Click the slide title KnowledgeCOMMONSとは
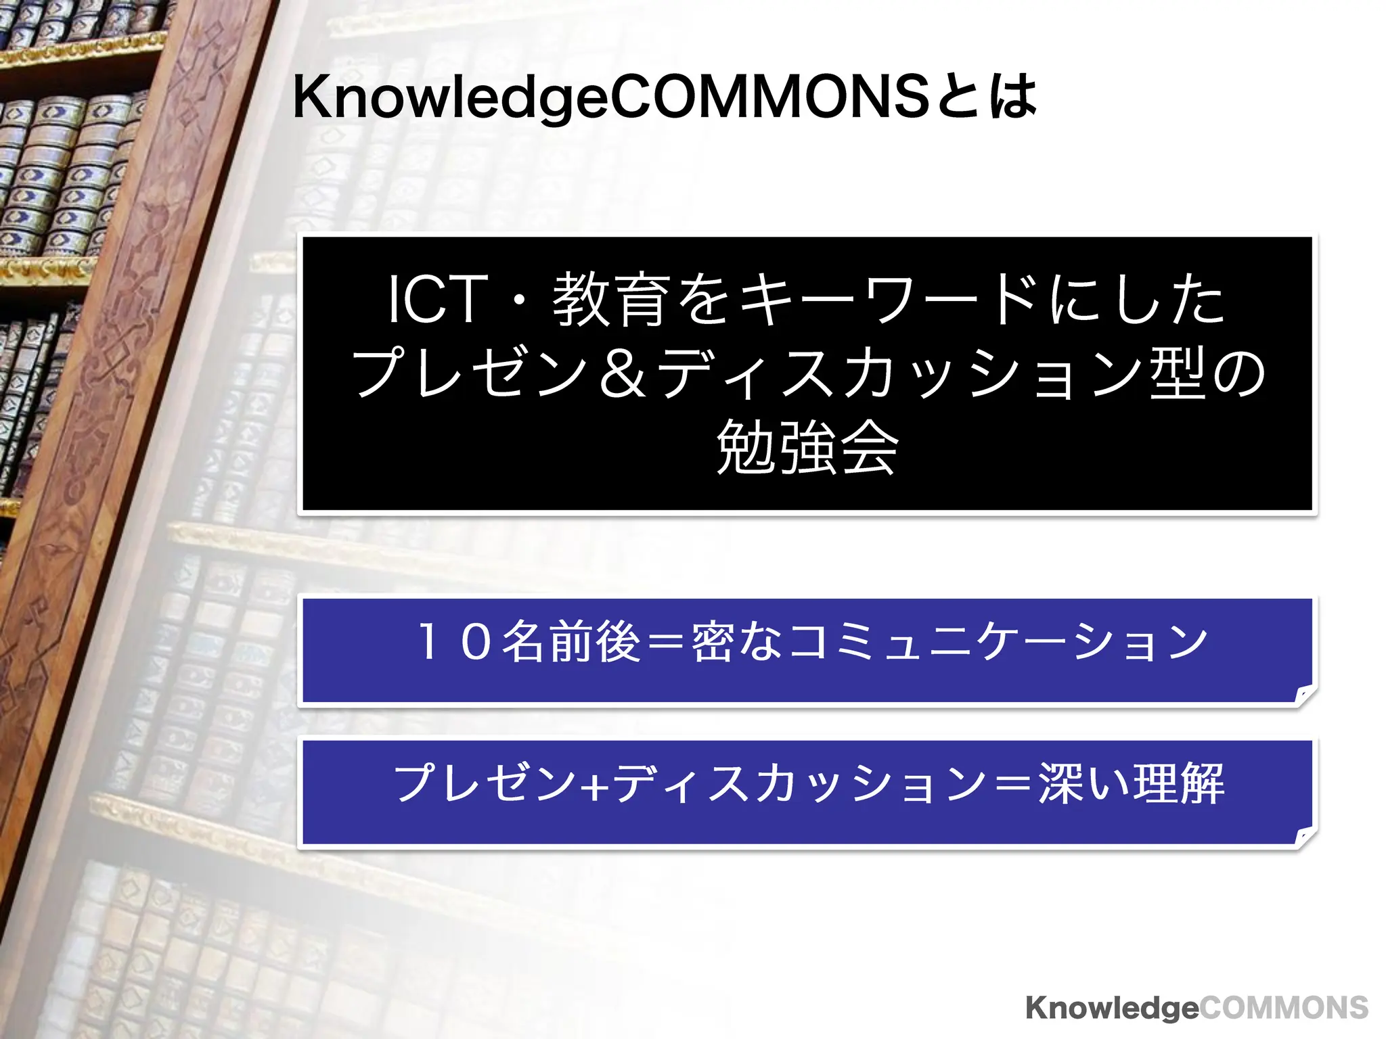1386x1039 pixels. (x=663, y=98)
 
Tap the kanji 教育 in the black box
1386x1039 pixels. (x=609, y=300)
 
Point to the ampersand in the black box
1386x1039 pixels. (x=623, y=374)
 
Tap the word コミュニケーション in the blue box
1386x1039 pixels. (x=998, y=641)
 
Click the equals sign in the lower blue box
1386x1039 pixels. (x=1011, y=785)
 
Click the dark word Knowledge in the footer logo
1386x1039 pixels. (x=1112, y=1008)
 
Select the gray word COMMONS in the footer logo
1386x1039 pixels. (x=1284, y=1008)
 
